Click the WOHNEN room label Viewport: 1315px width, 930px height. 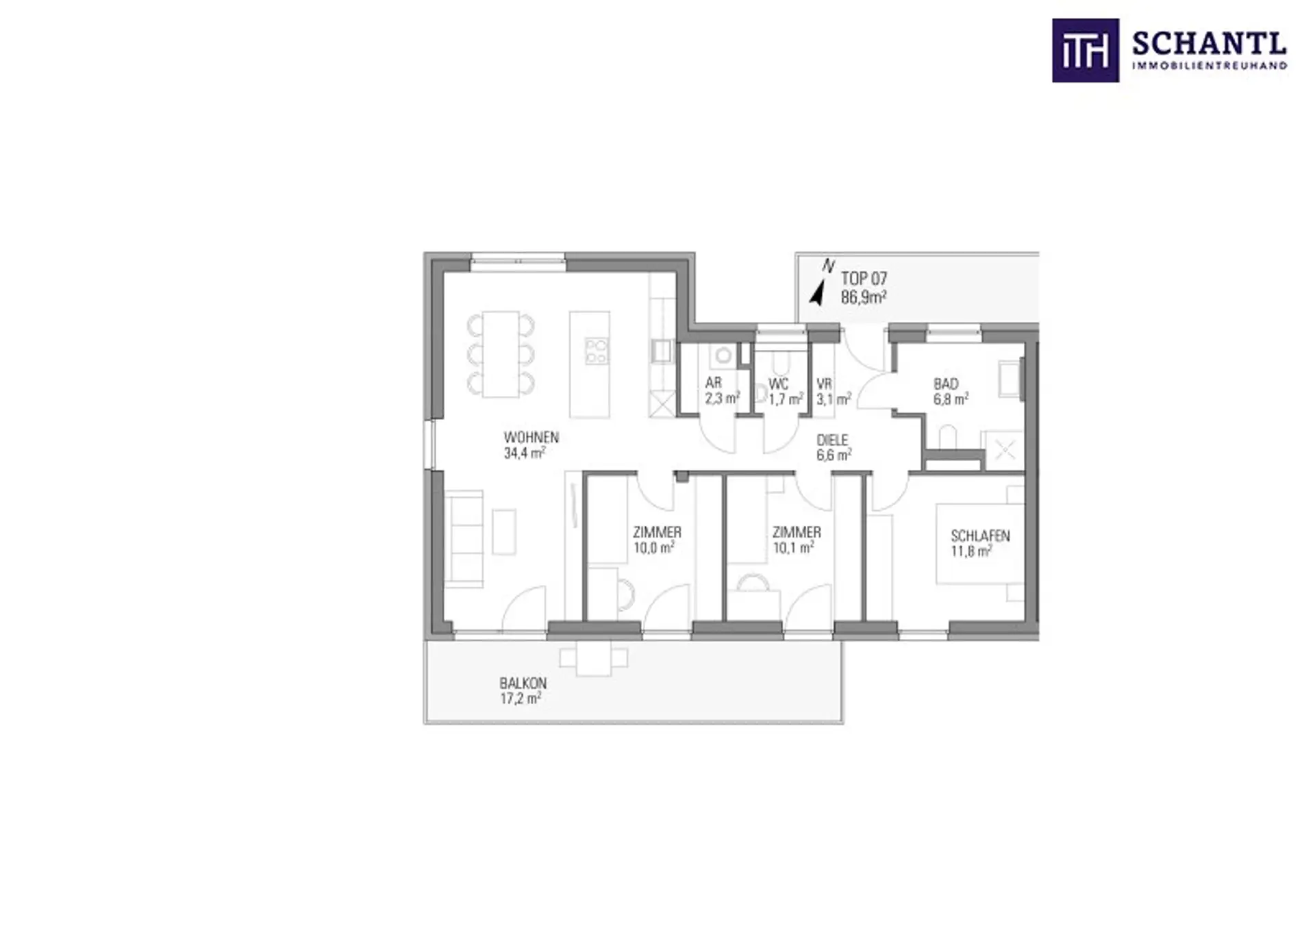click(x=531, y=437)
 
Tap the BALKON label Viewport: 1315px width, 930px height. click(x=523, y=683)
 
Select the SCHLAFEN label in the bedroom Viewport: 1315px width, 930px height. click(x=980, y=536)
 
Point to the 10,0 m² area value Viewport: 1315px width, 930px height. click(x=654, y=548)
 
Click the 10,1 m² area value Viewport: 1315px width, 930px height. click(x=793, y=548)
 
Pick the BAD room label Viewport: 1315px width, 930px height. click(x=946, y=384)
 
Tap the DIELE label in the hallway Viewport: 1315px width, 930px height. click(x=832, y=440)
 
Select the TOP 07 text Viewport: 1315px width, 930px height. click(x=864, y=279)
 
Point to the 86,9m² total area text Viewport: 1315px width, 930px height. click(x=864, y=297)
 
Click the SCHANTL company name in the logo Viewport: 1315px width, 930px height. click(x=1209, y=45)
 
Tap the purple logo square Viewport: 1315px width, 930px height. click(x=1086, y=51)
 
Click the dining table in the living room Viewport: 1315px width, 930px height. click(x=501, y=354)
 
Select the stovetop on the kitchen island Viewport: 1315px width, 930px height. click(x=596, y=351)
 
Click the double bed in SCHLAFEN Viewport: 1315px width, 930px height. click(x=981, y=544)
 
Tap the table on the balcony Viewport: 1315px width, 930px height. click(x=594, y=659)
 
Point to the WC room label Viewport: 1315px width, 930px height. click(x=778, y=384)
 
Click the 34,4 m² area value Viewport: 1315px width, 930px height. click(x=525, y=453)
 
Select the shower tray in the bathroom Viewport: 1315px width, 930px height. click(x=1004, y=451)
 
